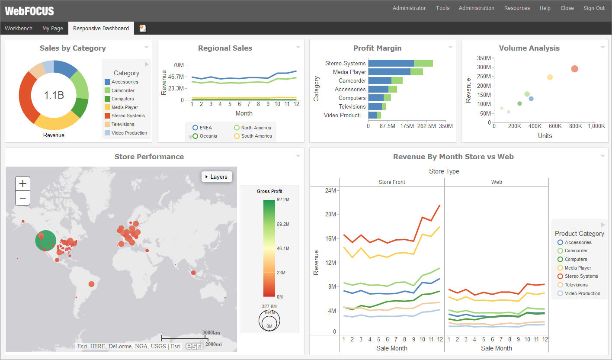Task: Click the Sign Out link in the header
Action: click(594, 8)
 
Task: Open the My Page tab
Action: click(52, 28)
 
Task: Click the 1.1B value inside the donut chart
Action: click(54, 95)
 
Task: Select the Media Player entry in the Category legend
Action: click(125, 107)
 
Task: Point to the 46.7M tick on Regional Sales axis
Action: click(176, 77)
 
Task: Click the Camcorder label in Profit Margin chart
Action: click(352, 80)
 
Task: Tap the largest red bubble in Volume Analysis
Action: click(574, 69)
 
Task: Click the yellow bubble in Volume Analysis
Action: click(550, 77)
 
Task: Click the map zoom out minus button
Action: click(22, 198)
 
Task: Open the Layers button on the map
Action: click(217, 177)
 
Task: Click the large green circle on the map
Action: click(46, 241)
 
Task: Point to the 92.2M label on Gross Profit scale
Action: click(283, 199)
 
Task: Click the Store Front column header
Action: click(391, 182)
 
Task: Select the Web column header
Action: click(496, 182)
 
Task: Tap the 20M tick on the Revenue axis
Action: click(330, 214)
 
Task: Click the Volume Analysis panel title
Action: click(529, 48)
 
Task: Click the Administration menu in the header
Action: click(476, 8)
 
